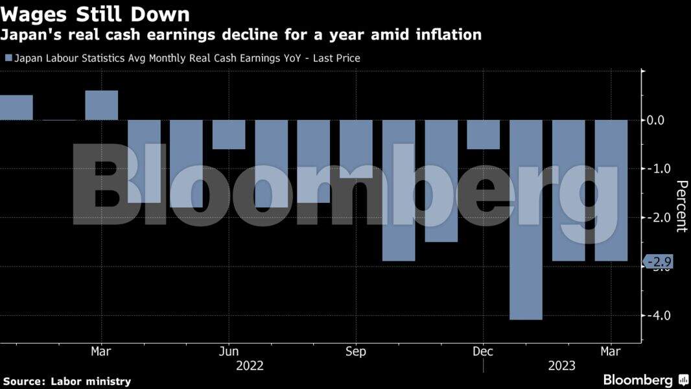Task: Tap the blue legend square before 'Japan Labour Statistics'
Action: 8,58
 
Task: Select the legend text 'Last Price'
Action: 336,58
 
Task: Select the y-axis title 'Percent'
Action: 681,206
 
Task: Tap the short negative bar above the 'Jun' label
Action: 229,134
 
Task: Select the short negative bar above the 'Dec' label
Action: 484,134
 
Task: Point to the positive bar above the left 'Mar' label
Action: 102,105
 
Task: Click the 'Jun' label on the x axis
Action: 229,351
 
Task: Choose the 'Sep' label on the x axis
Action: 356,351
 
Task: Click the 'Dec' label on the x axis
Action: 483,351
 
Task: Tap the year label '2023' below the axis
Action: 561,366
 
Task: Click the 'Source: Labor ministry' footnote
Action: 67,381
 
